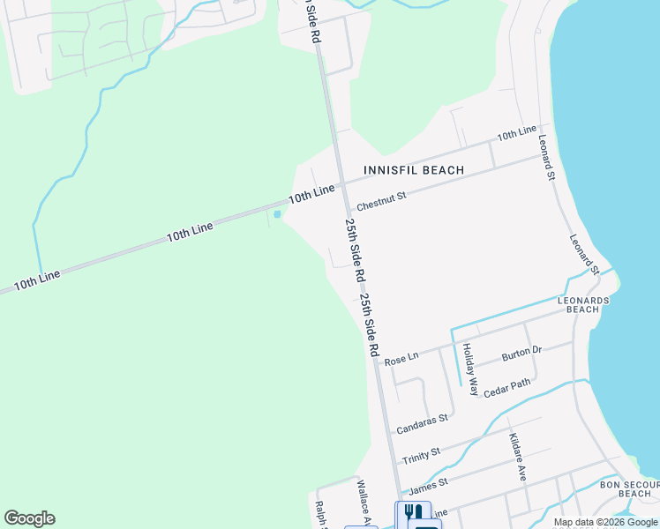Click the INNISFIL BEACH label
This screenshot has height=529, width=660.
coord(414,169)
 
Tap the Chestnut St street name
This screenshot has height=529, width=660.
coord(381,197)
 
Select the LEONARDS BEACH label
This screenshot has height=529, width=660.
coord(583,305)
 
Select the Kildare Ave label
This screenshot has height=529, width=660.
coord(518,457)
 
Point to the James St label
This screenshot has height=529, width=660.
coord(429,484)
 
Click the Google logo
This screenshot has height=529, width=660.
coord(29,518)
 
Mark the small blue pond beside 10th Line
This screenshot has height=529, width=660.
coord(277,214)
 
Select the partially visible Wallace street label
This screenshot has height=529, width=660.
coord(364,500)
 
